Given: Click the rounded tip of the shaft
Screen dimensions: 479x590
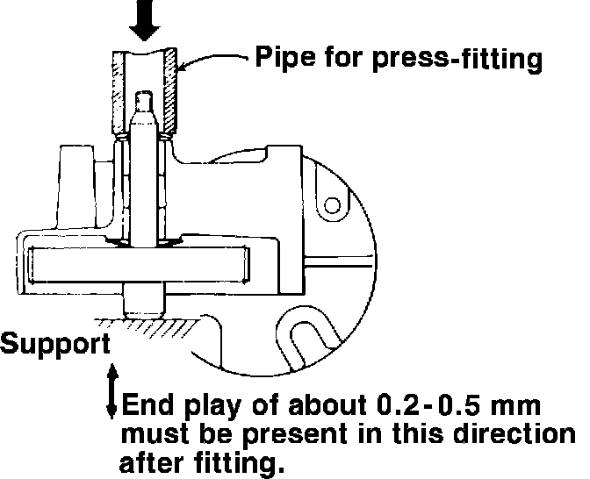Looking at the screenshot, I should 145,102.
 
